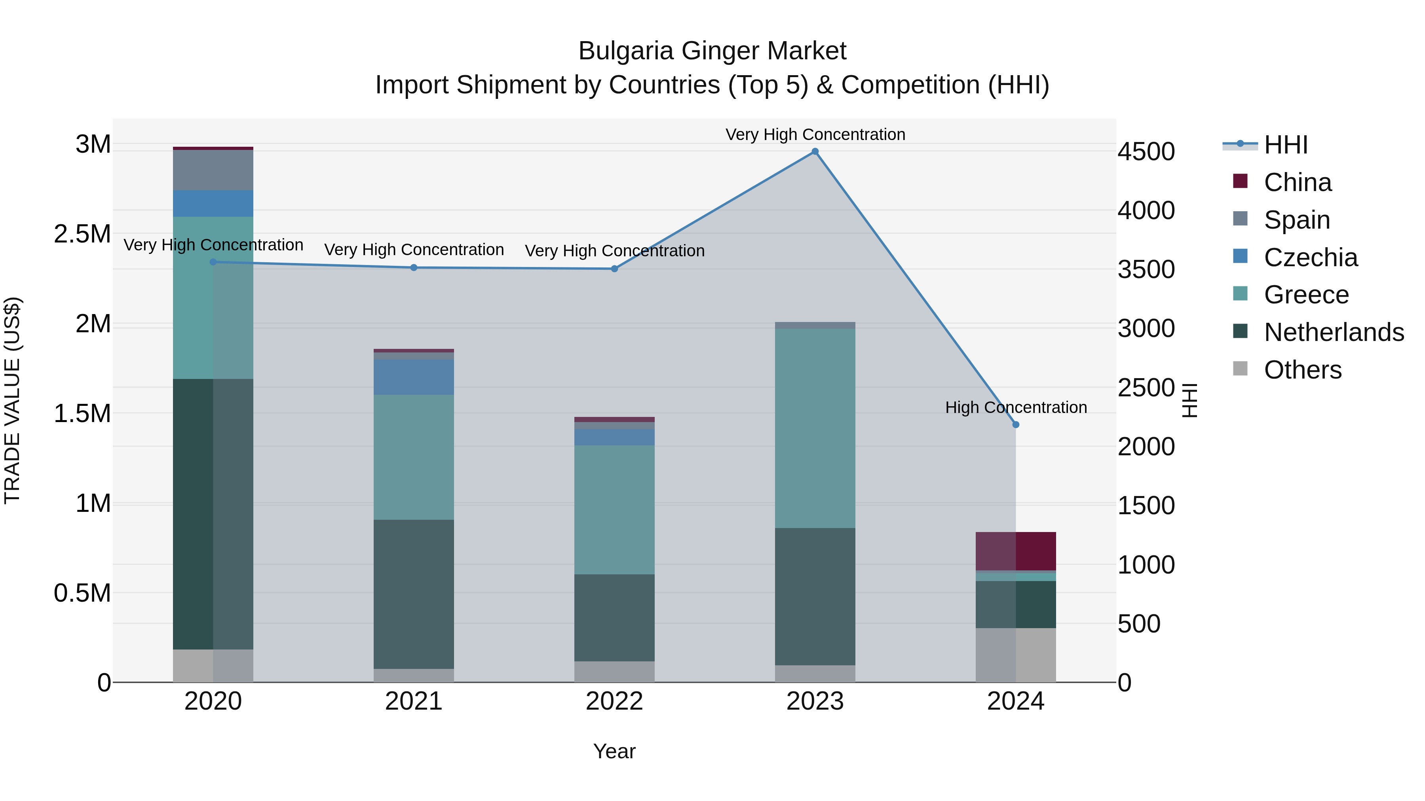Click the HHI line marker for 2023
[x=815, y=151]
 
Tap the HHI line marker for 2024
[x=1016, y=424]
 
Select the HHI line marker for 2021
[x=414, y=267]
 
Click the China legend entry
[x=1297, y=182]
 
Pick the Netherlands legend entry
[x=1334, y=332]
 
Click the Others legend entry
[x=1302, y=370]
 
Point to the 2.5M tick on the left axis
[x=82, y=234]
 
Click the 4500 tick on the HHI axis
[x=1146, y=151]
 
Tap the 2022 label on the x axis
[x=614, y=701]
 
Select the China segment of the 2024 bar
[x=1016, y=551]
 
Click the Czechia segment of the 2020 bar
[x=213, y=203]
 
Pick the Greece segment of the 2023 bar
[x=815, y=428]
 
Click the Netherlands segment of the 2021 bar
[x=414, y=594]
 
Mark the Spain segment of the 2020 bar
[x=213, y=170]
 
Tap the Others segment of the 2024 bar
[x=1016, y=655]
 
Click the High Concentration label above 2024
[x=1016, y=407]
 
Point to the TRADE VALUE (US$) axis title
[x=13, y=400]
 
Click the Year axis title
[x=614, y=751]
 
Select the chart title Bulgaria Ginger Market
[x=712, y=51]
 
